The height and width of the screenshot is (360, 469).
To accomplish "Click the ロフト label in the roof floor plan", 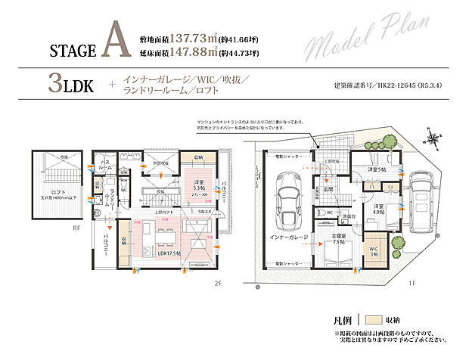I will pyautogui.click(x=60, y=192).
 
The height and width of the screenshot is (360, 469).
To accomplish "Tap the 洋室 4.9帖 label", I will pyautogui.click(x=377, y=209).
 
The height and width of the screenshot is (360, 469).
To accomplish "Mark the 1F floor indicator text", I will pyautogui.click(x=412, y=284).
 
